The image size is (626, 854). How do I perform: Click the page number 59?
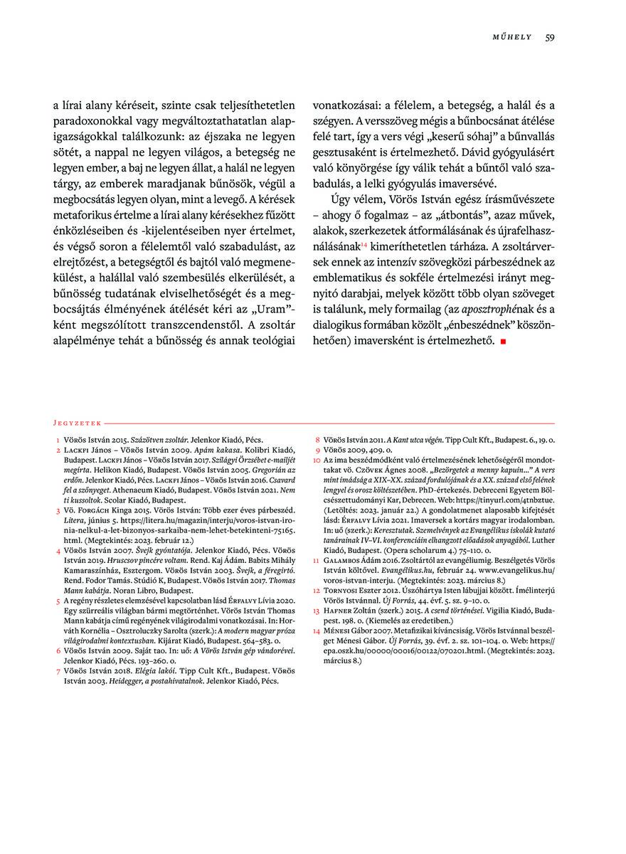550,37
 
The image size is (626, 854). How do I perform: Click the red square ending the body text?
503,342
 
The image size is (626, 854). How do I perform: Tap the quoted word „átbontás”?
452,215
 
